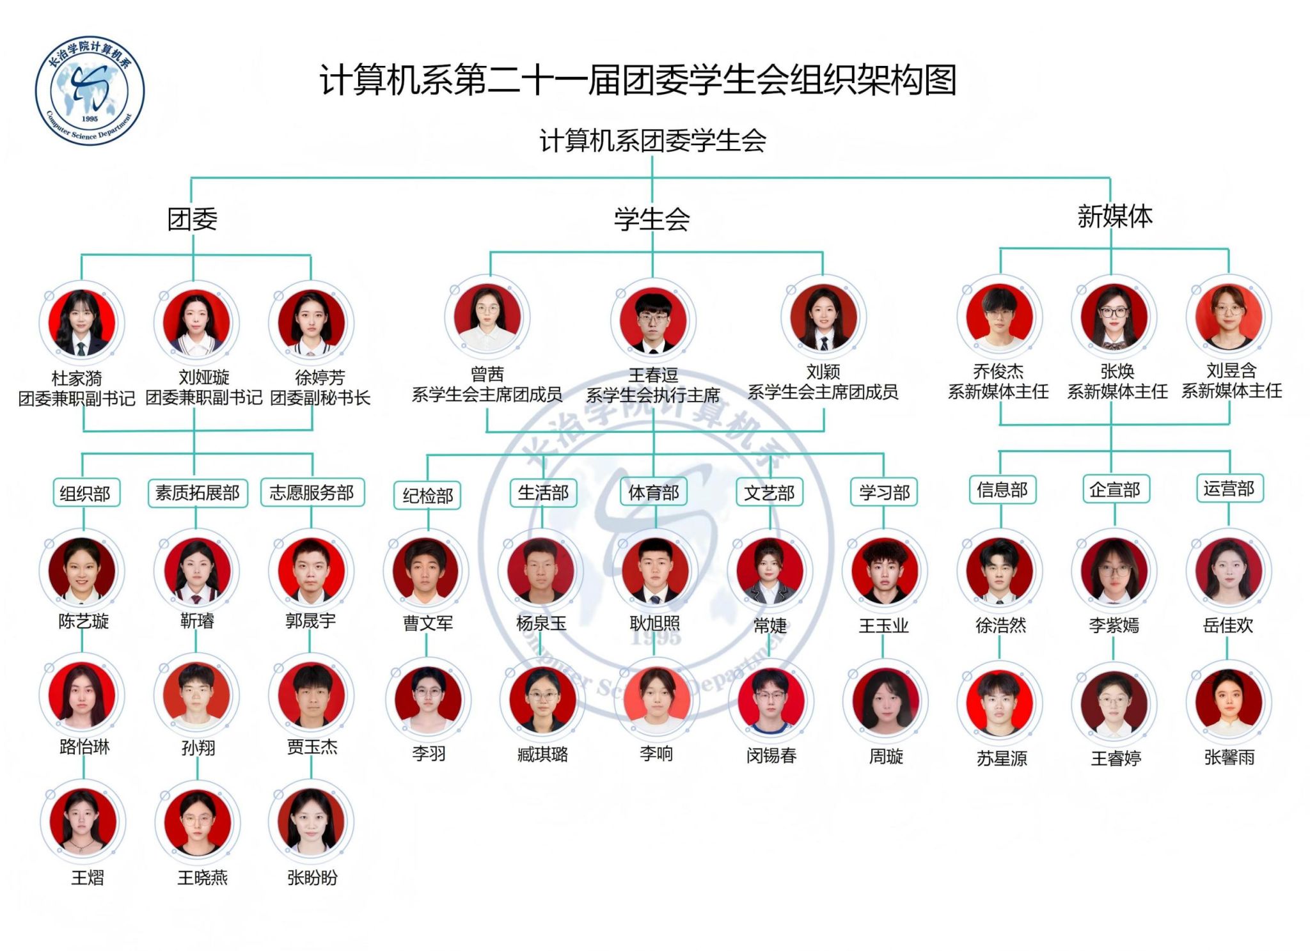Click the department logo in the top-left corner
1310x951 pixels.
[x=90, y=90]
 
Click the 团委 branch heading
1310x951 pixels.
[x=193, y=219]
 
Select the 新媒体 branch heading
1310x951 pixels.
[x=1115, y=216]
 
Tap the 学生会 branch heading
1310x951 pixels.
[x=652, y=219]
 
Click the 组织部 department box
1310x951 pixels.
[x=85, y=493]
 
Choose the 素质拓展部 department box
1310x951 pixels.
[x=198, y=492]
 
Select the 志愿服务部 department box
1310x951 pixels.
[x=312, y=492]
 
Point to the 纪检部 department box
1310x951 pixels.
[x=428, y=496]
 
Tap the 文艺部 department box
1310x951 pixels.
[x=769, y=492]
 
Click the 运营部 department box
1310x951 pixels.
[x=1229, y=489]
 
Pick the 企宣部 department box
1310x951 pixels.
[x=1115, y=490]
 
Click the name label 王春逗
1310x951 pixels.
[x=653, y=375]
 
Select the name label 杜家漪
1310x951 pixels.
[x=77, y=378]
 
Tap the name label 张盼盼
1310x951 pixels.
[x=312, y=877]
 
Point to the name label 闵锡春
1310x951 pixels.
[x=771, y=756]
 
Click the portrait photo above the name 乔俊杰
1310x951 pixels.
[x=999, y=317]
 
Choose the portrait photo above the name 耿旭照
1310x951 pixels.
[x=655, y=570]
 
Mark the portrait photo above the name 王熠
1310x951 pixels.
[x=83, y=821]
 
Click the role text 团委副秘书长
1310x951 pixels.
[x=320, y=398]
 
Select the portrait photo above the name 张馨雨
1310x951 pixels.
[x=1229, y=702]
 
